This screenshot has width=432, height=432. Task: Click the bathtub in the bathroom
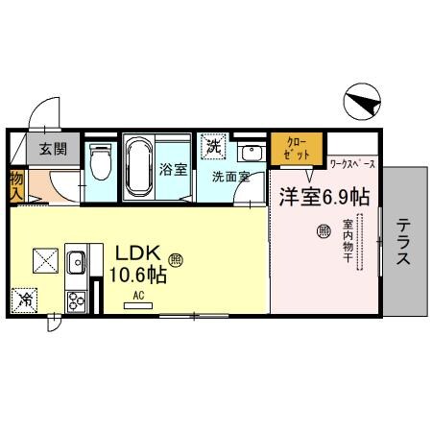pyautogui.click(x=138, y=167)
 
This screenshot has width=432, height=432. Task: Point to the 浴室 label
pyautogui.click(x=172, y=168)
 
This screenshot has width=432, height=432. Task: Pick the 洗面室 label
pyautogui.click(x=230, y=178)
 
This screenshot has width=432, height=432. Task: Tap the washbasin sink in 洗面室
pyautogui.click(x=250, y=155)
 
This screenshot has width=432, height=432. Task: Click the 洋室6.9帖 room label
pyautogui.click(x=324, y=196)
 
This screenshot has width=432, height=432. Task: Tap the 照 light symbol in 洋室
pyautogui.click(x=324, y=230)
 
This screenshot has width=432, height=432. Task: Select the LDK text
pyautogui.click(x=138, y=252)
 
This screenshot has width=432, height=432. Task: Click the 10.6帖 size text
pyautogui.click(x=138, y=276)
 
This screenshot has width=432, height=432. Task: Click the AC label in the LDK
pyautogui.click(x=138, y=296)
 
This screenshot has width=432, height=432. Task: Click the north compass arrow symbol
pyautogui.click(x=358, y=102)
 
